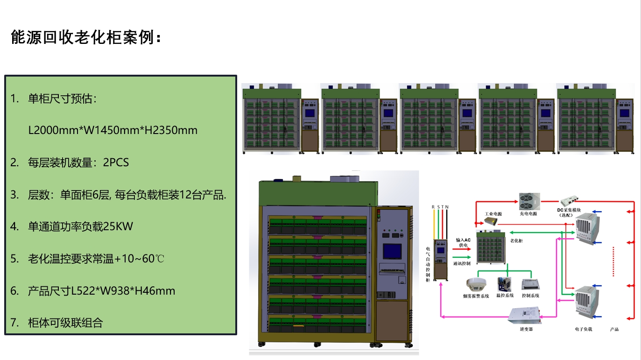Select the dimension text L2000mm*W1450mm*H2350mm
[113, 130]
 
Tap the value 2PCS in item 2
[116, 162]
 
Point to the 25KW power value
[118, 227]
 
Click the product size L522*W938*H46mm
[123, 291]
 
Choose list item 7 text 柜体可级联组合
[65, 322]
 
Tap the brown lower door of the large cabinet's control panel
[392, 322]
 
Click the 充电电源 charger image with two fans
[529, 202]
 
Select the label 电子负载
[583, 329]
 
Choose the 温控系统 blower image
[504, 284]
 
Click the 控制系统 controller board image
[530, 284]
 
